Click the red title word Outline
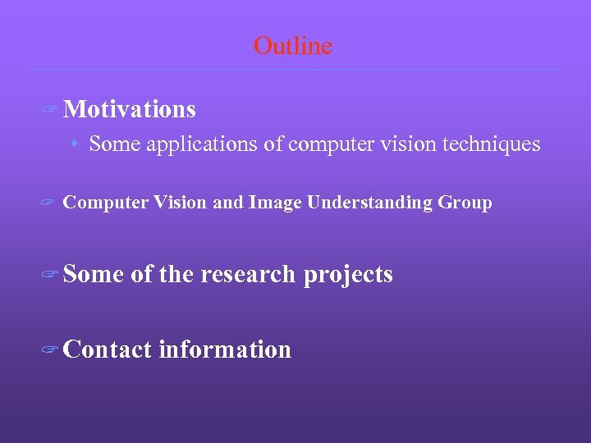(293, 46)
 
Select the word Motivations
(129, 109)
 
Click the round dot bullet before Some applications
(74, 145)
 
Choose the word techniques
(491, 144)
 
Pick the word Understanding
(370, 203)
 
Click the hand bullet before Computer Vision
(48, 203)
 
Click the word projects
(348, 275)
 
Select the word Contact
(107, 349)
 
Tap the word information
(224, 349)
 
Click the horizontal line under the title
(292, 69)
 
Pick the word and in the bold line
(227, 203)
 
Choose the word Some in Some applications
(113, 144)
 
